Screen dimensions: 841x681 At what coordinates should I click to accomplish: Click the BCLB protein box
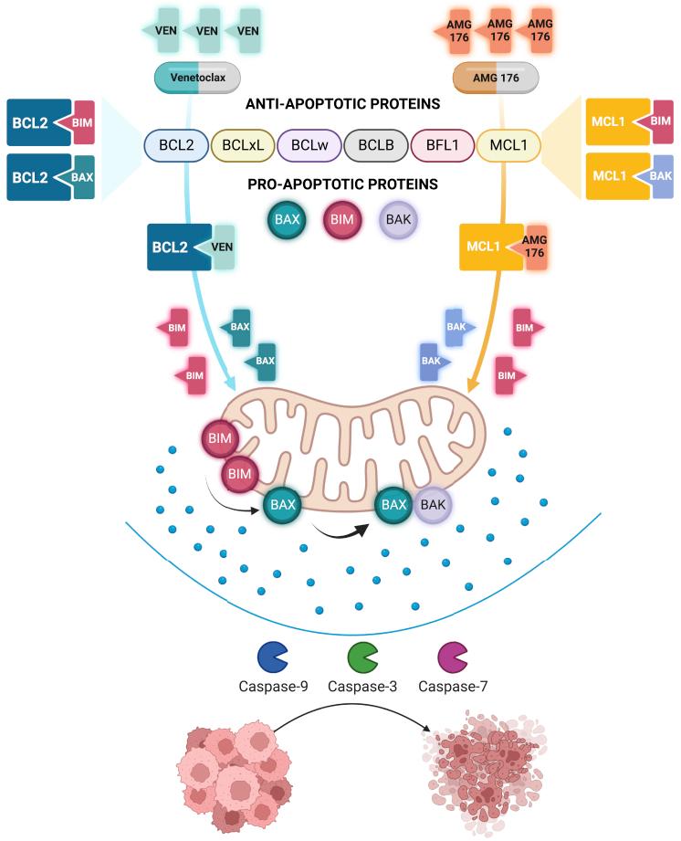[x=375, y=145]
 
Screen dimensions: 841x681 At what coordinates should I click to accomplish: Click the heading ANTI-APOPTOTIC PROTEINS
[x=342, y=104]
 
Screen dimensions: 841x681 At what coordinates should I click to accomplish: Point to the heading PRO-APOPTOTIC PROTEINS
[x=342, y=185]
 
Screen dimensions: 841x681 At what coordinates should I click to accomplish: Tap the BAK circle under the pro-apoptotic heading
[x=398, y=221]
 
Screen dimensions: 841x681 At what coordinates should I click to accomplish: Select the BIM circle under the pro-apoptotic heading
[x=342, y=221]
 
